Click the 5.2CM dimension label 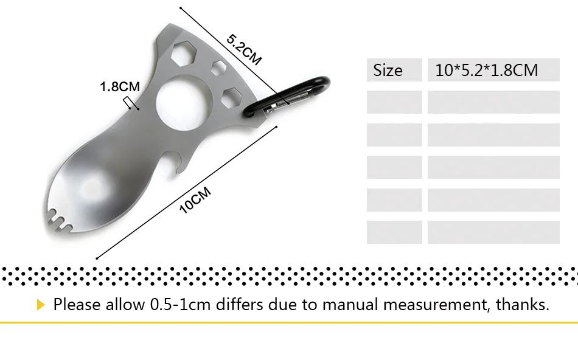(x=243, y=49)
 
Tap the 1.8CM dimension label (x=120, y=86)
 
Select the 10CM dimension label (x=195, y=200)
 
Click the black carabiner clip (x=286, y=97)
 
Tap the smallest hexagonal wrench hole (x=219, y=68)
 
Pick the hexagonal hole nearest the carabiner (x=232, y=97)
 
